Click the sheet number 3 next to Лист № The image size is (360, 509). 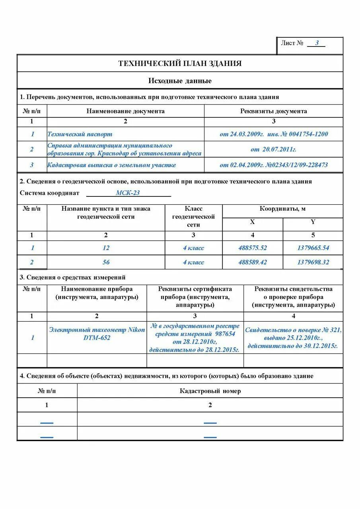pyautogui.click(x=317, y=43)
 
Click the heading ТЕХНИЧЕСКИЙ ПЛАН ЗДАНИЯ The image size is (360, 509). pyautogui.click(x=180, y=64)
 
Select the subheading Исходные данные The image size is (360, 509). pyautogui.click(x=180, y=81)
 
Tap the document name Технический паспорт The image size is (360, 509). pyautogui.click(x=80, y=134)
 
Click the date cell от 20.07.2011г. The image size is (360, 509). pyautogui.click(x=274, y=150)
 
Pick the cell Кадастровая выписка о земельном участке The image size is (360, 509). pyautogui.click(x=111, y=165)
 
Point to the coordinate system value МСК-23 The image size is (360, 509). pyautogui.click(x=128, y=193)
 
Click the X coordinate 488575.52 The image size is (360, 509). pyautogui.click(x=253, y=248)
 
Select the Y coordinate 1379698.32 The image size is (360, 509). pyautogui.click(x=313, y=262)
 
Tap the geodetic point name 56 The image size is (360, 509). pyautogui.click(x=106, y=262)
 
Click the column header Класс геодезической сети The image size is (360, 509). pyautogui.click(x=193, y=217)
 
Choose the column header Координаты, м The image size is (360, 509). pyautogui.click(x=282, y=209)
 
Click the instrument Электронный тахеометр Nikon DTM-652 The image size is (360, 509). pyautogui.click(x=97, y=334)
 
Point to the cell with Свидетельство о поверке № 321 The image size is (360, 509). pyautogui.click(x=293, y=338)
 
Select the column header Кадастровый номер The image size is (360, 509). pyautogui.click(x=210, y=391)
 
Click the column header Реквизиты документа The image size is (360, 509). pyautogui.click(x=274, y=111)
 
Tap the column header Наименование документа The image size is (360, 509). pyautogui.click(x=125, y=111)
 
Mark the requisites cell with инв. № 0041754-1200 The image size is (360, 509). pyautogui.click(x=274, y=134)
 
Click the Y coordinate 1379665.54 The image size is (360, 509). pyautogui.click(x=313, y=248)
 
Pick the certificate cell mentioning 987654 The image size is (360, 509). pyautogui.click(x=195, y=338)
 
